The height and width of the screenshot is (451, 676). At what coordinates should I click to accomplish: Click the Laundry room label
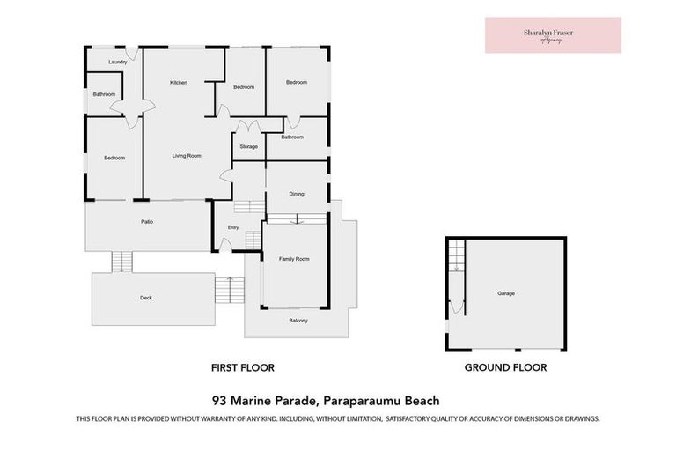coord(118,63)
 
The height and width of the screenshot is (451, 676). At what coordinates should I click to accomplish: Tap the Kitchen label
coord(179,83)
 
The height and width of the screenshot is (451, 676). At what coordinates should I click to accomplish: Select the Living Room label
coord(187,156)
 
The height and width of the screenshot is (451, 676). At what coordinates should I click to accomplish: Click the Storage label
coord(248,146)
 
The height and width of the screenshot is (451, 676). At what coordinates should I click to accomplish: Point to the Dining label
coord(297,195)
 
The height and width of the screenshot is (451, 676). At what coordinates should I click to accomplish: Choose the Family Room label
coord(294,259)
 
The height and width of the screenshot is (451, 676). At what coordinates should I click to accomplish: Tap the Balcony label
coord(298,320)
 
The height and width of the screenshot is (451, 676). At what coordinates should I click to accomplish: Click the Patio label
coord(147,221)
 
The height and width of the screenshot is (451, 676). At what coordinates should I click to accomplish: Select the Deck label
coord(146,298)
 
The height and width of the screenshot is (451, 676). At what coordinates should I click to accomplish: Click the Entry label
coord(232,228)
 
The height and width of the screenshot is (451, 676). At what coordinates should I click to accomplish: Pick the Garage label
coord(505,293)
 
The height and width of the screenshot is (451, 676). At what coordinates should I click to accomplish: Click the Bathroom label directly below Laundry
coord(104,94)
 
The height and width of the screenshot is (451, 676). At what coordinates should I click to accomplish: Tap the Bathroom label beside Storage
coord(292,137)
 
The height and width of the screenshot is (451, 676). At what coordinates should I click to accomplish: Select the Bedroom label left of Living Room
coord(114,159)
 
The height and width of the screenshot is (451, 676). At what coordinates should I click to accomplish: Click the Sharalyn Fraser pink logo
coord(553,35)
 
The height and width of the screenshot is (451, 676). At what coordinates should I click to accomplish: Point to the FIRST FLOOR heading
coord(242,367)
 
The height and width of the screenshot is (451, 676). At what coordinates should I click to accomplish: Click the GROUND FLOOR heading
coord(505,367)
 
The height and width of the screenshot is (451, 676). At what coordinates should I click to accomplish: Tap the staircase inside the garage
coord(455,257)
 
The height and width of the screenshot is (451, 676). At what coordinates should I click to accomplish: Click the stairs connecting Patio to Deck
coord(121,262)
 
